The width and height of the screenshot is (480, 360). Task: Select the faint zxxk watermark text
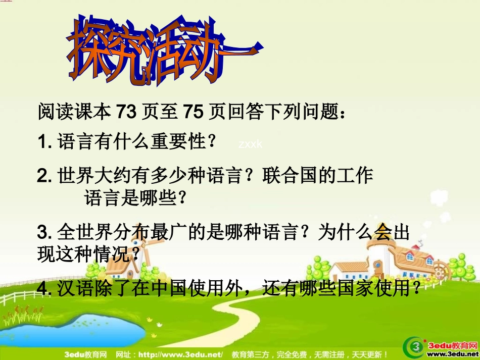point(251,144)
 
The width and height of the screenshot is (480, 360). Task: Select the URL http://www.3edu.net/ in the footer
point(181,354)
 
